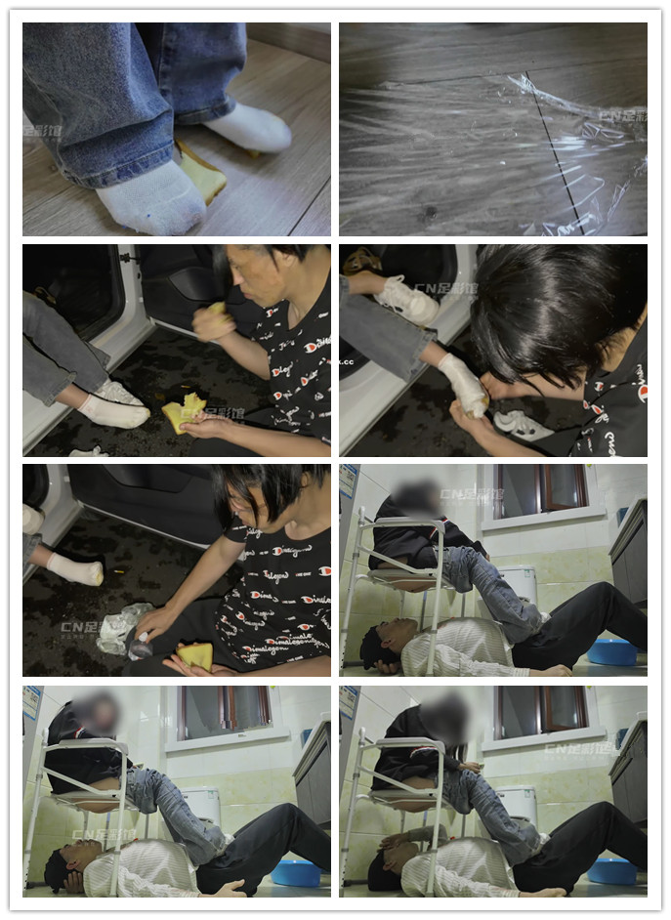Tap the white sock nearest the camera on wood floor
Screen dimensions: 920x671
point(151,198)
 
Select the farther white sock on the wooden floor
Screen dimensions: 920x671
point(250,128)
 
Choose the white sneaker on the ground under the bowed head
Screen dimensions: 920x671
point(523,425)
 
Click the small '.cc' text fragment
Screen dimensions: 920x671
point(346,361)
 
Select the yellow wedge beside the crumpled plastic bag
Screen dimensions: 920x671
point(196,655)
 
